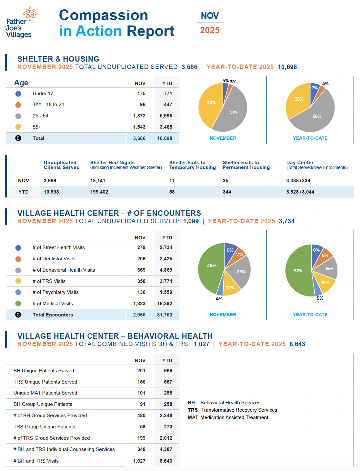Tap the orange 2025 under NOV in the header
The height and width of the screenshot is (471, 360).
pos(210,30)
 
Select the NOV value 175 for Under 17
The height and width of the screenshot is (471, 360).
pos(141,94)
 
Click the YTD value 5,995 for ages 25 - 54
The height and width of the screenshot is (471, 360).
pos(166,116)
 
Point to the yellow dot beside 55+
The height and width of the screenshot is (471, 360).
pos(18,127)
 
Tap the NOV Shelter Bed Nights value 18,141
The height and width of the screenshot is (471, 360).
pos(98,181)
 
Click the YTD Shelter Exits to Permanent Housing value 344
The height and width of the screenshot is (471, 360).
pos(227,192)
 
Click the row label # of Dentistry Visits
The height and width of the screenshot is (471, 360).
pos(54,259)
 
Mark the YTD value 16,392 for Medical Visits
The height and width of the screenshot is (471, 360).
pos(165,304)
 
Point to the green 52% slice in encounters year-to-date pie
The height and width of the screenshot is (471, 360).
pos(298,271)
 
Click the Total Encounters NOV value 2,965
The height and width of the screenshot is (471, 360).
pos(139,315)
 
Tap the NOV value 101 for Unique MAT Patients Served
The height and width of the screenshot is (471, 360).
pos(141,393)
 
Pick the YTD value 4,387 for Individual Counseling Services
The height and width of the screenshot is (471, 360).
pos(166,449)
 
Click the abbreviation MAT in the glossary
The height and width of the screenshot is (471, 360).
pos(193,417)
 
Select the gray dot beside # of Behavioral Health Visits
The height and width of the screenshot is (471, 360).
pos(18,270)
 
